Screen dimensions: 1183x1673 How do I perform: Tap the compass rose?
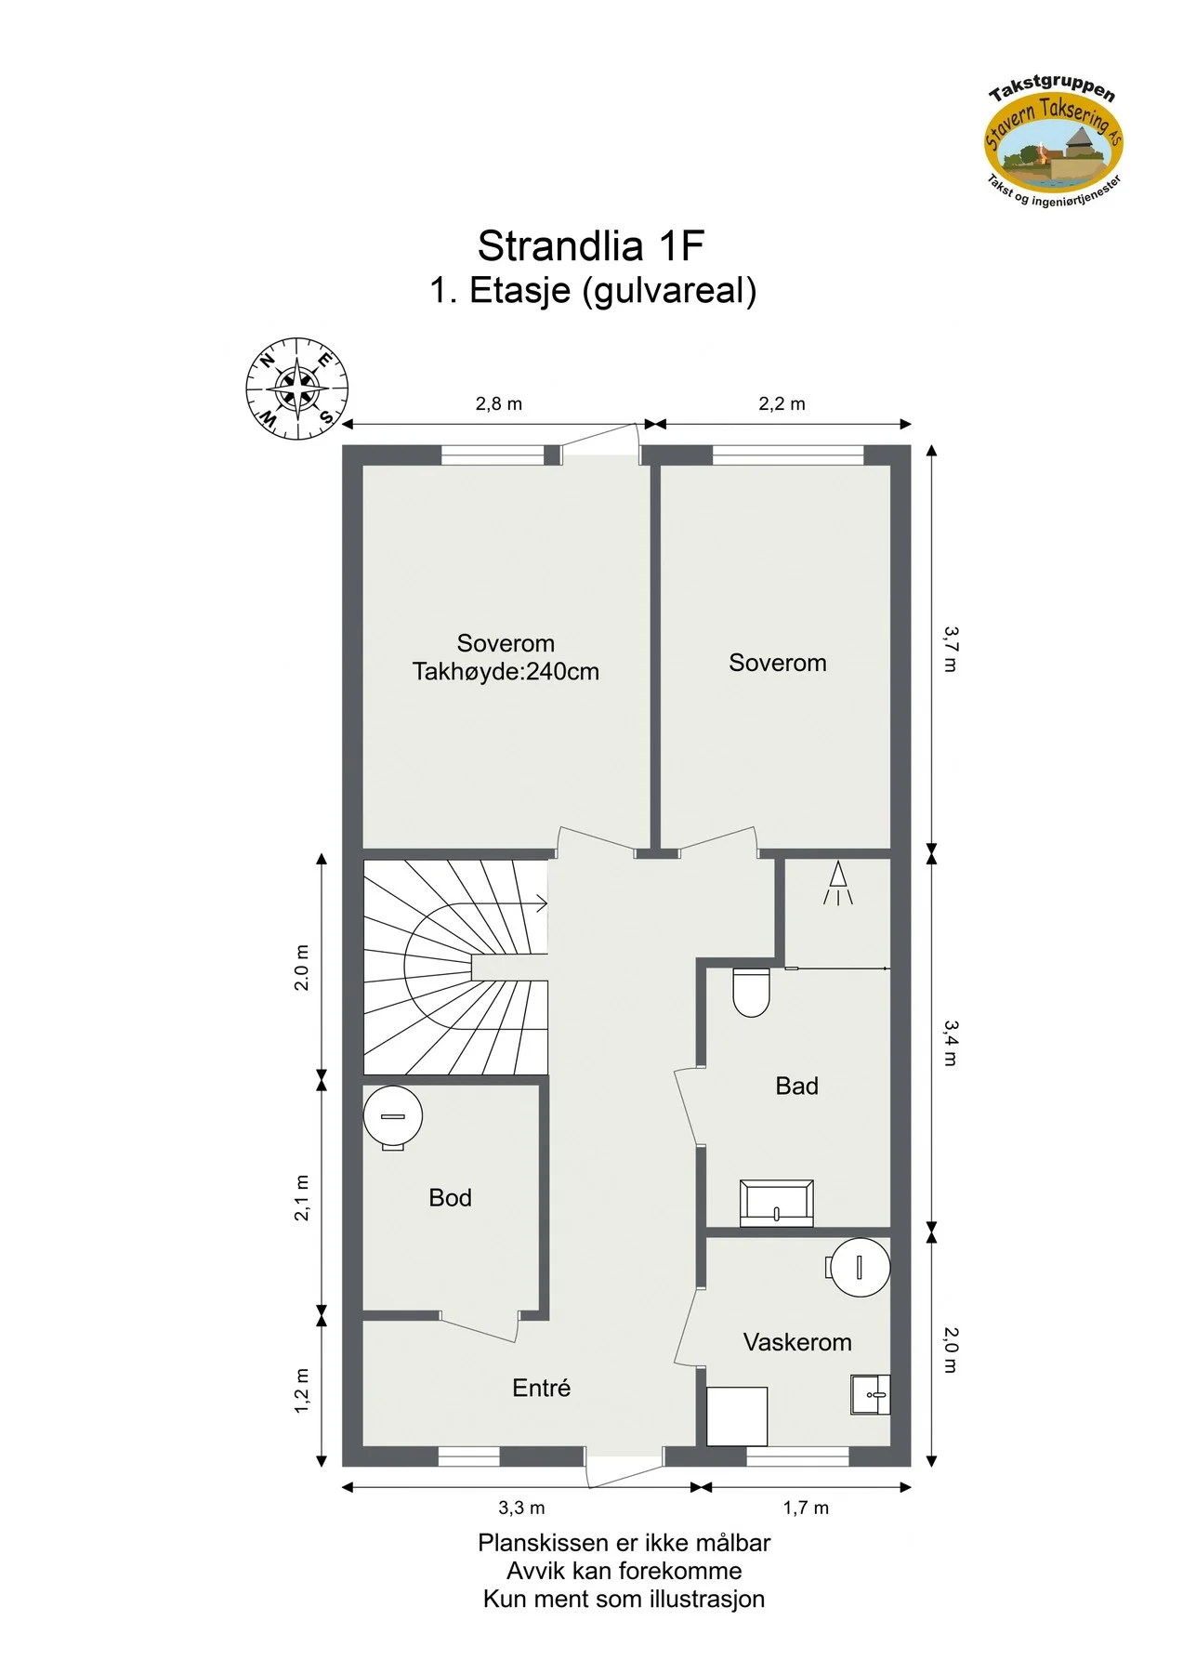(x=297, y=389)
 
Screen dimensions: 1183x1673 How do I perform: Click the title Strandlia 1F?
(x=591, y=246)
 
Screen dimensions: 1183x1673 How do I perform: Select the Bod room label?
(x=450, y=1197)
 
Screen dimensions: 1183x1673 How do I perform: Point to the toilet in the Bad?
(x=751, y=992)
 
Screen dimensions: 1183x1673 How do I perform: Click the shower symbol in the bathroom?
(x=837, y=883)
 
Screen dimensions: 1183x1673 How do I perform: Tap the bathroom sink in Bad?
(x=776, y=1203)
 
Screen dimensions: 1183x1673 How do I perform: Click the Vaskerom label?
(x=797, y=1342)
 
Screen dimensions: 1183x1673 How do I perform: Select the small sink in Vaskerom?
(x=871, y=1394)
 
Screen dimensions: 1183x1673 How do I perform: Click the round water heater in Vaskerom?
(x=860, y=1267)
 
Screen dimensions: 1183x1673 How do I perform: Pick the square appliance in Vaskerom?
(x=737, y=1416)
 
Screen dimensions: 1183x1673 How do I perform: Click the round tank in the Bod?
(x=393, y=1117)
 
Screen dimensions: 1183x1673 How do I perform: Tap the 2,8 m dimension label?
(x=499, y=403)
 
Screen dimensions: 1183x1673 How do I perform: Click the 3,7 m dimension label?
(x=950, y=649)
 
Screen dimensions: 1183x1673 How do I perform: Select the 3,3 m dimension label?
(x=521, y=1508)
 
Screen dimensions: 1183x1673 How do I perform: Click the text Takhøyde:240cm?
(x=506, y=672)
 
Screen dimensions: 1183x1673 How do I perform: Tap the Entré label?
(x=541, y=1388)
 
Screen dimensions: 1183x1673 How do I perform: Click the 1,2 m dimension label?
(x=302, y=1391)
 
